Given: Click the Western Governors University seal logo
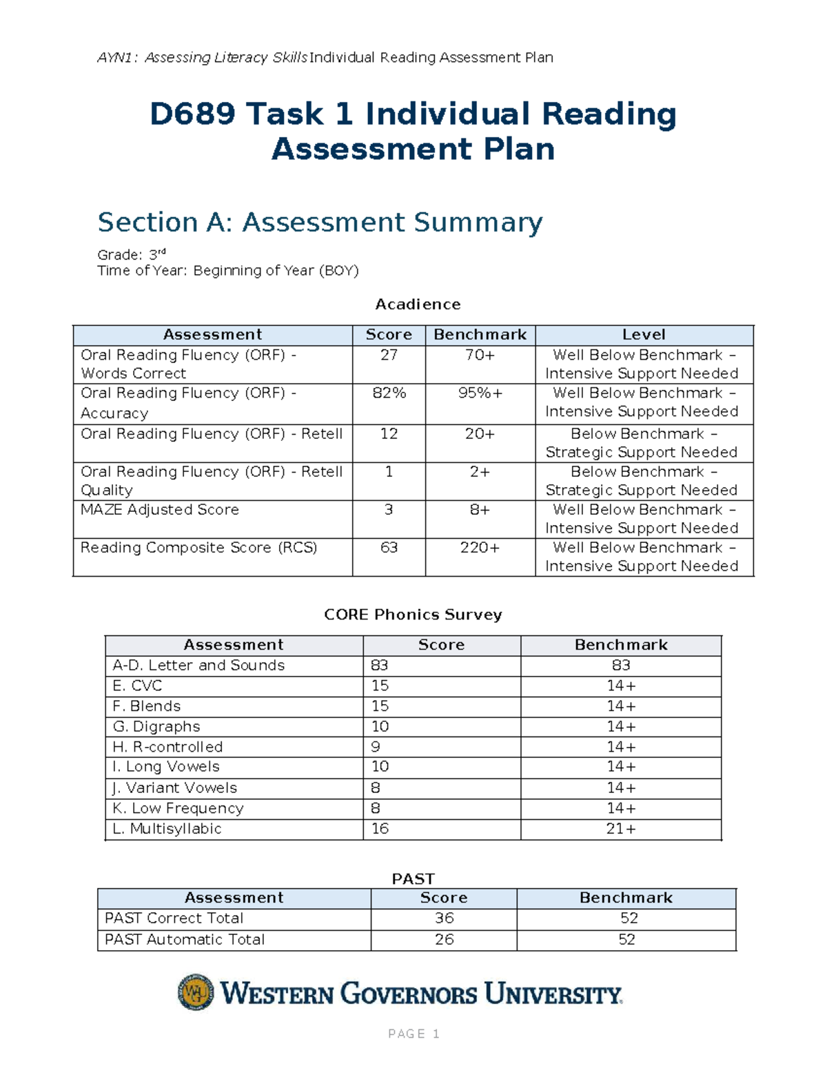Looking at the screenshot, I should pyautogui.click(x=196, y=992).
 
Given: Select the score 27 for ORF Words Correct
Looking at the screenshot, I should pyautogui.click(x=389, y=355).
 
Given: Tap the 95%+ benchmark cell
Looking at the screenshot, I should pyautogui.click(x=480, y=393).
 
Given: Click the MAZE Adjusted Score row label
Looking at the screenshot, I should pyautogui.click(x=160, y=510).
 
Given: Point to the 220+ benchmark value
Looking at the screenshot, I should pyautogui.click(x=480, y=548).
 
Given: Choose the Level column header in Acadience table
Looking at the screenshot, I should pyautogui.click(x=644, y=335).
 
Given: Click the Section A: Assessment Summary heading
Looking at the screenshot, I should pyautogui.click(x=320, y=223).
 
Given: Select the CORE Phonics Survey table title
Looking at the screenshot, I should pyautogui.click(x=413, y=615).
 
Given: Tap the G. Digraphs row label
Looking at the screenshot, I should pyautogui.click(x=156, y=726).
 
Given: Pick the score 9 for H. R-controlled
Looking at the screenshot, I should pyautogui.click(x=376, y=747).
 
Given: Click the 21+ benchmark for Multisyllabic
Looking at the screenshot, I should pyautogui.click(x=621, y=829).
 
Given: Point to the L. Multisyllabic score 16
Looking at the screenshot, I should pyautogui.click(x=380, y=829).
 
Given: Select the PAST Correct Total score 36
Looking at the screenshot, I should pyautogui.click(x=444, y=918).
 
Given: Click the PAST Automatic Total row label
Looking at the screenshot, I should pyautogui.click(x=185, y=940).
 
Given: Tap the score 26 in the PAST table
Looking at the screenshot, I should pyautogui.click(x=444, y=940).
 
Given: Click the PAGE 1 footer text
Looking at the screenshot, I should pyautogui.click(x=413, y=1033).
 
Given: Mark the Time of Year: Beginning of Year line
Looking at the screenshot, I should pyautogui.click(x=228, y=271).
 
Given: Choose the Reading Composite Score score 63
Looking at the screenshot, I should pyautogui.click(x=389, y=548).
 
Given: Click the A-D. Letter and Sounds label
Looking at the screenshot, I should pyautogui.click(x=198, y=666).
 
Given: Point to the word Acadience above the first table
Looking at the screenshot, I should pyautogui.click(x=418, y=305).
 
